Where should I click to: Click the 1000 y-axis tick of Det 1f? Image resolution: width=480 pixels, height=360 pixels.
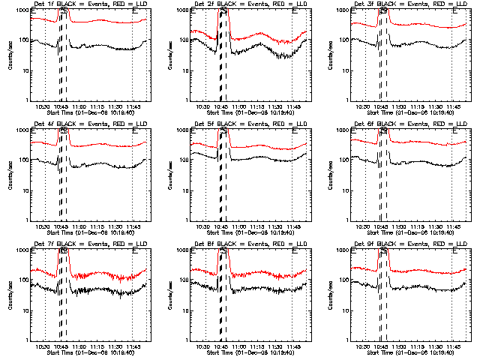pos(24,11)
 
